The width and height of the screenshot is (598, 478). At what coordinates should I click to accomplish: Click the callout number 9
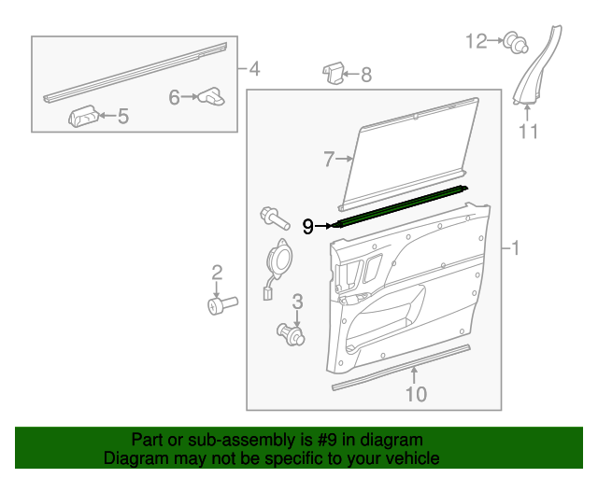pyautogui.click(x=308, y=226)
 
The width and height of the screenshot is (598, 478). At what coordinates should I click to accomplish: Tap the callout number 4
pyautogui.click(x=254, y=68)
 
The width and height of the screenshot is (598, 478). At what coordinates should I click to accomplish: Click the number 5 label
pyautogui.click(x=122, y=117)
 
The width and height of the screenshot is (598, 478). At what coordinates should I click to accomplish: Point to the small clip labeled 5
pyautogui.click(x=83, y=116)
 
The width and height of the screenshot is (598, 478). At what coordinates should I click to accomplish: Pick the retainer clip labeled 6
pyautogui.click(x=212, y=95)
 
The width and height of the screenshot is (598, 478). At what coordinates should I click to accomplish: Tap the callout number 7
pyautogui.click(x=329, y=160)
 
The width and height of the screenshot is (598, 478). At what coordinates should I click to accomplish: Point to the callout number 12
pyautogui.click(x=477, y=40)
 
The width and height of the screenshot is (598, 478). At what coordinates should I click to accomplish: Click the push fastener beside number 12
pyautogui.click(x=513, y=41)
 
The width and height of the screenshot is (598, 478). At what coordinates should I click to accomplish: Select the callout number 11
pyautogui.click(x=529, y=132)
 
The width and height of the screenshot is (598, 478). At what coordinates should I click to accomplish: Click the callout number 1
pyautogui.click(x=514, y=248)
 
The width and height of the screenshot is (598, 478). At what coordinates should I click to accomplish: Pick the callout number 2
pyautogui.click(x=217, y=273)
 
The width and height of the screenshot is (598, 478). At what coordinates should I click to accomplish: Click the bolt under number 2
pyautogui.click(x=221, y=304)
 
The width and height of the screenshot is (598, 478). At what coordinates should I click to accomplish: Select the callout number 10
pyautogui.click(x=416, y=394)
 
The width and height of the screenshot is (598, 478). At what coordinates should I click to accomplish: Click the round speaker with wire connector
pyautogui.click(x=278, y=257)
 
